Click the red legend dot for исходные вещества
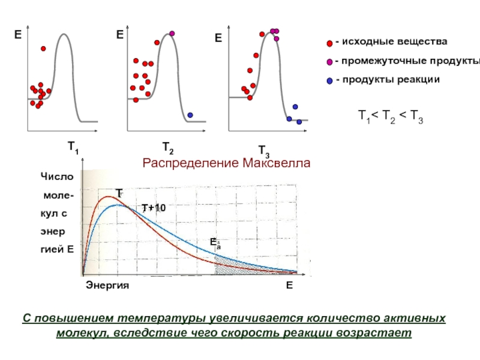pos(329,43)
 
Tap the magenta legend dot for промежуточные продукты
pos(329,62)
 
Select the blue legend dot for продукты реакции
pos(329,80)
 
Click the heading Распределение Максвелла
pos(226,163)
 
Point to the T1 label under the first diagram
pos(73,146)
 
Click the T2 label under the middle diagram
pos(168,146)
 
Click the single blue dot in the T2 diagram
pos(190,115)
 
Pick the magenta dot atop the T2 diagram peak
pos(172,33)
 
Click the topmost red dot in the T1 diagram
pos(43,49)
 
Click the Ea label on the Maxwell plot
pos(214,242)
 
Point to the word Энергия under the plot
pos(107,286)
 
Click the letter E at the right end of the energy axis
pos(289,286)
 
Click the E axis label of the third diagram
pos(218,38)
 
